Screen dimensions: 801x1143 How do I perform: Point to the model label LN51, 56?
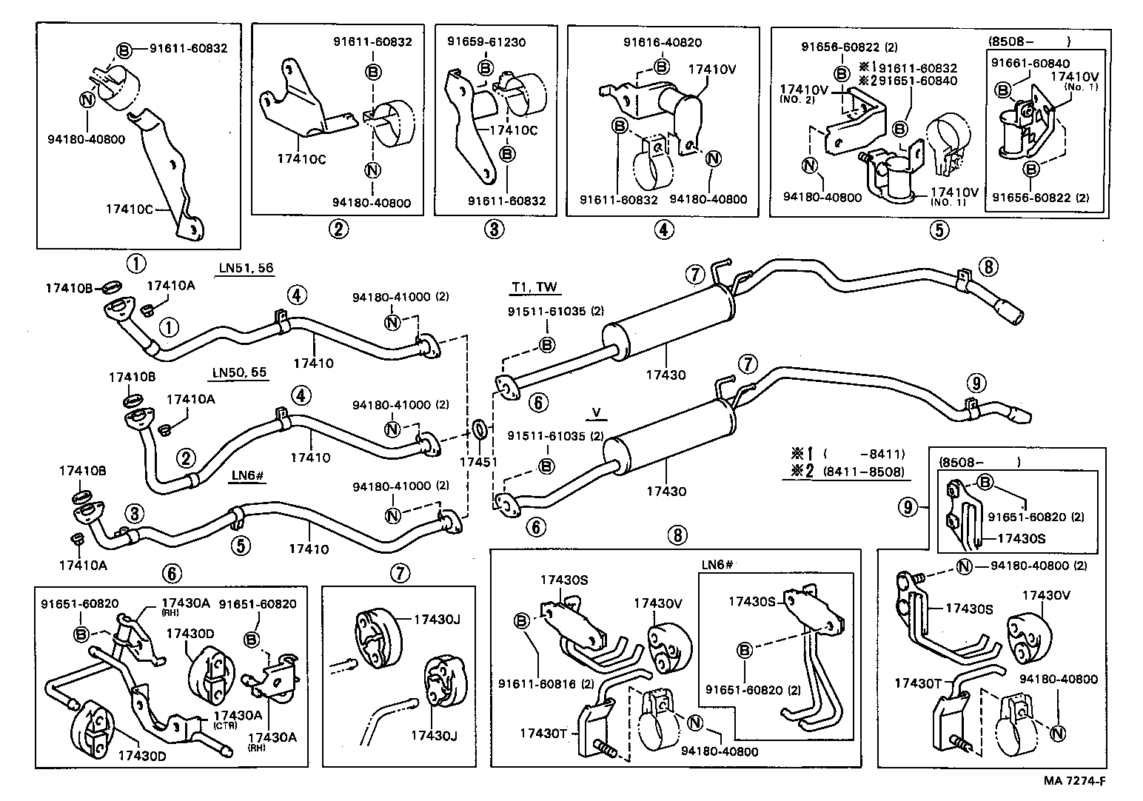(x=245, y=268)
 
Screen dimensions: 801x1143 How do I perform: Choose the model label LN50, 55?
(x=239, y=372)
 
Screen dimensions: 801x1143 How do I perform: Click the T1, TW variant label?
(x=534, y=287)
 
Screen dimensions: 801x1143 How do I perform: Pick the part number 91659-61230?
(x=486, y=42)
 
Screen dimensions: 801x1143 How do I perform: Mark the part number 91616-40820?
(x=663, y=43)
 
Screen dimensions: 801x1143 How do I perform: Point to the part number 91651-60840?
(x=916, y=81)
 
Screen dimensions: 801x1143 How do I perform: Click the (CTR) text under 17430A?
(x=225, y=726)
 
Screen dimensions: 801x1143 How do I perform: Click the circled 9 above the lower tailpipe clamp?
(x=976, y=383)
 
